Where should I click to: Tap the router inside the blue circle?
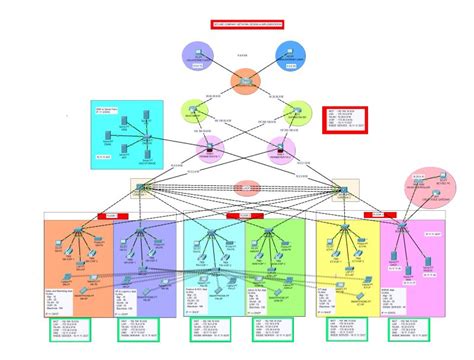click(290, 56)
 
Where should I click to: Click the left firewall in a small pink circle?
click(212, 152)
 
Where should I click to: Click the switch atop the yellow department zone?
click(339, 232)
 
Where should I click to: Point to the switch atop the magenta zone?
click(402, 230)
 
